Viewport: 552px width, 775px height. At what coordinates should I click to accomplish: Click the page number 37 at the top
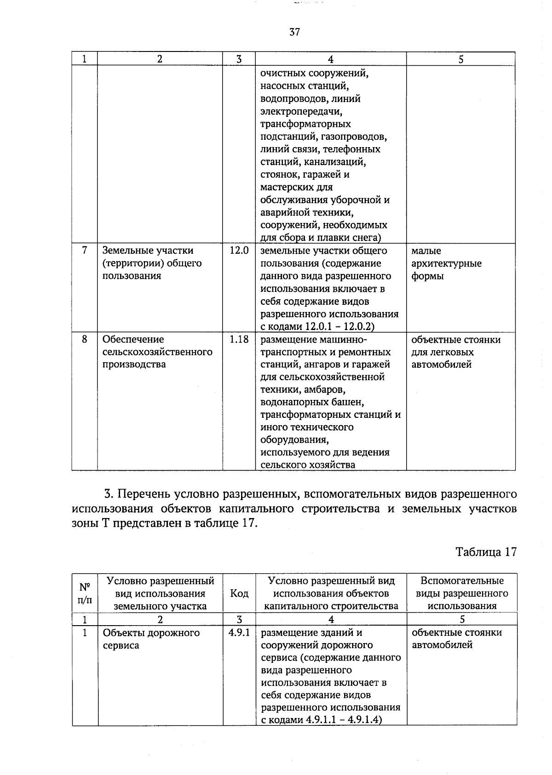point(295,32)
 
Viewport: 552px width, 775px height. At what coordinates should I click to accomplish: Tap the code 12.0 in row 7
point(239,251)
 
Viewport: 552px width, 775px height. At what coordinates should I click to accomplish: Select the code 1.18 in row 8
point(239,339)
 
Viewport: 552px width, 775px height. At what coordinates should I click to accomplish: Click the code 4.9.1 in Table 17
point(239,633)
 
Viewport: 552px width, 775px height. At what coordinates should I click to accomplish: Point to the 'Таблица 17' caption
point(486,552)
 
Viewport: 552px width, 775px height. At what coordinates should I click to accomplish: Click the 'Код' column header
point(239,593)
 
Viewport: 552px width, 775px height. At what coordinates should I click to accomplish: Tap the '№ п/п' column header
point(85,593)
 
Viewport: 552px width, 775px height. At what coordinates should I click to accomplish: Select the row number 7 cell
point(84,251)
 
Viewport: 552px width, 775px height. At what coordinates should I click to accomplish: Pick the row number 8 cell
point(84,339)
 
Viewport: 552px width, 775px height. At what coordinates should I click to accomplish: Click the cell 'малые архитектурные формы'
point(446,263)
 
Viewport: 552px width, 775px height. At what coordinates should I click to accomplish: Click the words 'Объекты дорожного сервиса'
point(151,638)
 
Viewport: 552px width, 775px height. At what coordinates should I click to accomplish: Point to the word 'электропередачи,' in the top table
point(301,111)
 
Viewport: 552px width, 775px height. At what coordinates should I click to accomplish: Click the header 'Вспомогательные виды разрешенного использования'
point(461,593)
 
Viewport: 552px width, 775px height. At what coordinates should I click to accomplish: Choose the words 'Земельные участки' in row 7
point(148,251)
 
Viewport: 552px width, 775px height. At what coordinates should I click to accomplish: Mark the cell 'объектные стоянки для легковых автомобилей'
point(455,352)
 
